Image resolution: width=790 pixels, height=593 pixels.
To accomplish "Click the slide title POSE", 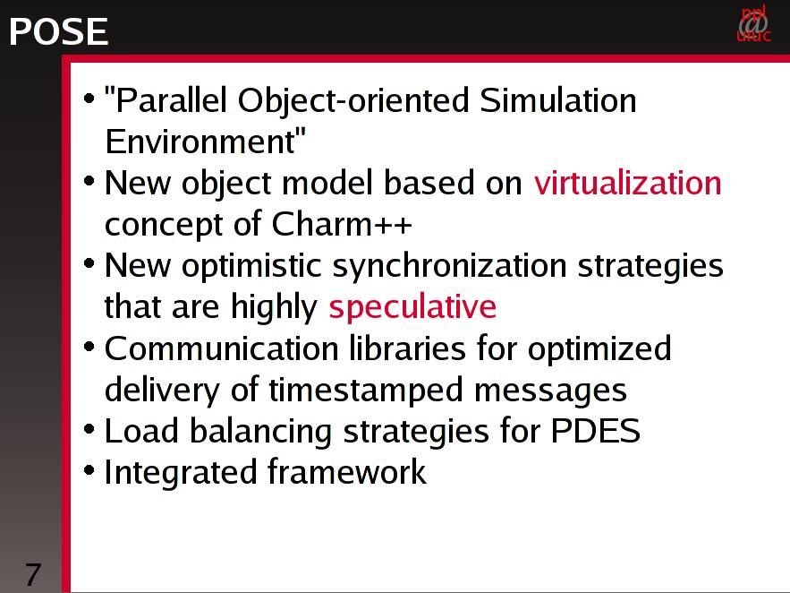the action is pyautogui.click(x=58, y=31).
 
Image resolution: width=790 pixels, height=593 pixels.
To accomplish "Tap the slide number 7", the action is pyautogui.click(x=33, y=574).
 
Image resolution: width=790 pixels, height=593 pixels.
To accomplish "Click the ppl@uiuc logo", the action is pyautogui.click(x=753, y=23).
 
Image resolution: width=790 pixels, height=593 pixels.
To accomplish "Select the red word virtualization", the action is pyautogui.click(x=628, y=183).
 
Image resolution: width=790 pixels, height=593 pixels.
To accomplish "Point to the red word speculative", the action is pyautogui.click(x=412, y=307).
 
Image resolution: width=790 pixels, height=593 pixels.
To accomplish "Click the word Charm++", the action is pyautogui.click(x=342, y=223).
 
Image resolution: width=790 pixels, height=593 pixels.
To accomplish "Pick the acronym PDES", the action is pyautogui.click(x=595, y=431).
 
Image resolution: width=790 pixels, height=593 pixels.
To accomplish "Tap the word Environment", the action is pyautogui.click(x=205, y=141).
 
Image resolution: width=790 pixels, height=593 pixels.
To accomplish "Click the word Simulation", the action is pyautogui.click(x=557, y=99).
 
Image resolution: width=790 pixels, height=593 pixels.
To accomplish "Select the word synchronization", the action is pyautogui.click(x=449, y=266).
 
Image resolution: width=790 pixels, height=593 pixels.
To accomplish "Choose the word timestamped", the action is pyautogui.click(x=366, y=390).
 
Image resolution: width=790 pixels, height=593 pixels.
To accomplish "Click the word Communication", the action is pyautogui.click(x=221, y=348).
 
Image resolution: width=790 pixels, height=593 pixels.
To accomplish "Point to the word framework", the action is pyautogui.click(x=346, y=472).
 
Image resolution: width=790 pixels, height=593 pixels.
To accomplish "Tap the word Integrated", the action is pyautogui.click(x=180, y=473).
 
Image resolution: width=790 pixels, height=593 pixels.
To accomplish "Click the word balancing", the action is pyautogui.click(x=260, y=432).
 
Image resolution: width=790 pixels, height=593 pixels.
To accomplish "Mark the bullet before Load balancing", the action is pyautogui.click(x=89, y=430).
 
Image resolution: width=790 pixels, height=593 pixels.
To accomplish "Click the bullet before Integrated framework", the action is pyautogui.click(x=89, y=471).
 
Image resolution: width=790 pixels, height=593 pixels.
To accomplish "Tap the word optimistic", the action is pyautogui.click(x=251, y=266).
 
